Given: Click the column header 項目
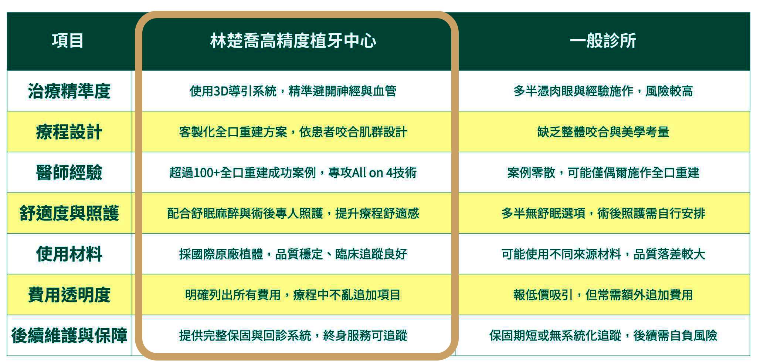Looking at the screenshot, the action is coord(68,40).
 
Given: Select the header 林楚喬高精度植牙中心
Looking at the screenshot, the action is coord(293,40).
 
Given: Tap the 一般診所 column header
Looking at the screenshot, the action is coord(603,40).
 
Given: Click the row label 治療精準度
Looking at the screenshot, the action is coord(69,91).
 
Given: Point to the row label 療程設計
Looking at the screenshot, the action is coord(69,132).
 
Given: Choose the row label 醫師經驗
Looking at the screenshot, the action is coord(69,172).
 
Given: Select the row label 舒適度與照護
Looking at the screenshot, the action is coord(69,213).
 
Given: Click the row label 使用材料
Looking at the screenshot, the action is coord(69,254).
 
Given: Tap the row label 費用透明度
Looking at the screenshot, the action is coord(69,295).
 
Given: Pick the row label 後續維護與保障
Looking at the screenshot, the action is coord(69,335).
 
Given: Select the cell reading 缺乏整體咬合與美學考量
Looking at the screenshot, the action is coord(603,132).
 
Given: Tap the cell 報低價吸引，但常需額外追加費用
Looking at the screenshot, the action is coord(603,295).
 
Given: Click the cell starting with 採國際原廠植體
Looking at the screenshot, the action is coord(293,254).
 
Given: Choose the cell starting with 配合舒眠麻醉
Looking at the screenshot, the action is coord(293,213).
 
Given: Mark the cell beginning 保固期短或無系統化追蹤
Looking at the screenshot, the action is coord(603,335).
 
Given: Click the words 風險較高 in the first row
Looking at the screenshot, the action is coord(669,91).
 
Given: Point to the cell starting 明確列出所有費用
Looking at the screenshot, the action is coord(293,295).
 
